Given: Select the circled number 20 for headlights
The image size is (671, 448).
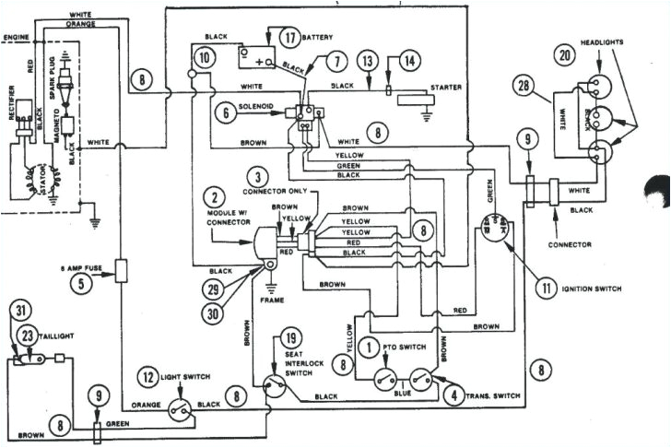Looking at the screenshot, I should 562,55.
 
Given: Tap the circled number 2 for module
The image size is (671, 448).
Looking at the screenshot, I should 213,196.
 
